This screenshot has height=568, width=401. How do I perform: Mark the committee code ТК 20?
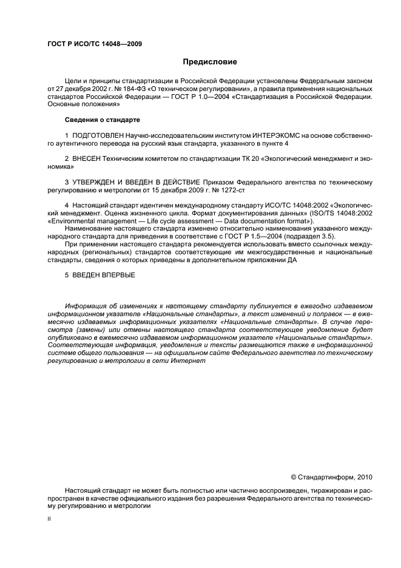(x=241, y=158)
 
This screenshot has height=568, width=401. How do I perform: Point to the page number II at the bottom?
(x=50, y=519)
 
